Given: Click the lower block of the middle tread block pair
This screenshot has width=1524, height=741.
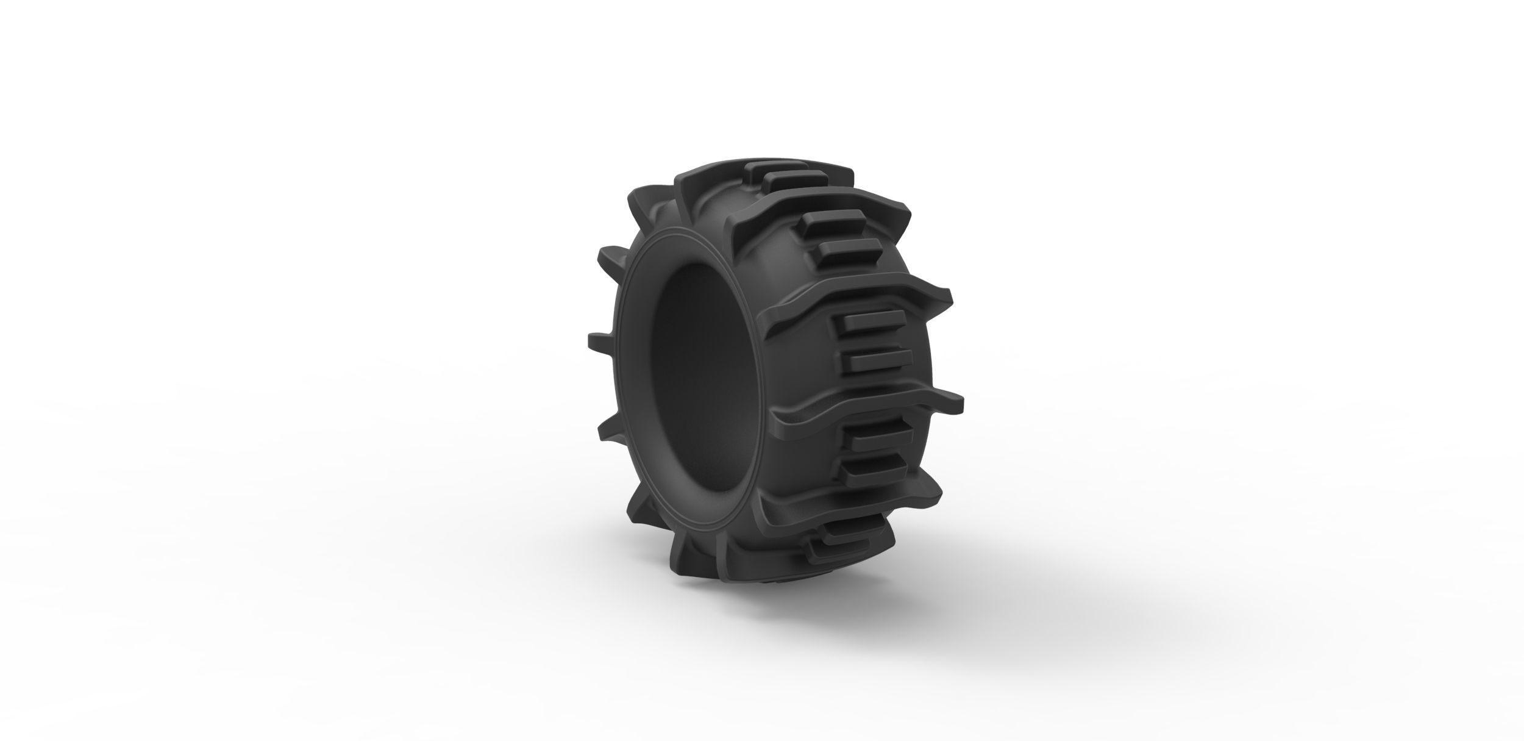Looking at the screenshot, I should (878, 360).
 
